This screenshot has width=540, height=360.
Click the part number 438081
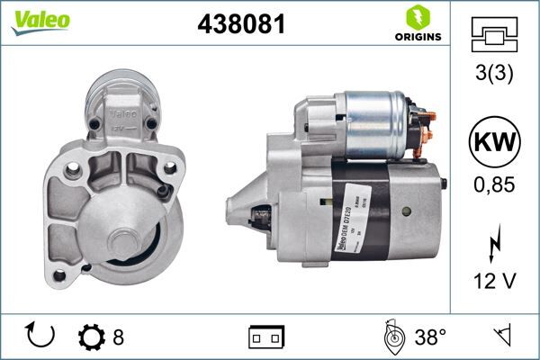pyautogui.click(x=240, y=25)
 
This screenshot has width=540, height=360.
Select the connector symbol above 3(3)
pyautogui.click(x=494, y=33)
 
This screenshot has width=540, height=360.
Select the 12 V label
pyautogui.click(x=494, y=281)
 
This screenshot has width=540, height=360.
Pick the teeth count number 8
pyautogui.click(x=118, y=337)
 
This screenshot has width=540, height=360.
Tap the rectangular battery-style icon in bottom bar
pyautogui.click(x=266, y=337)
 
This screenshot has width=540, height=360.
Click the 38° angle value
pyautogui.click(x=429, y=337)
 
